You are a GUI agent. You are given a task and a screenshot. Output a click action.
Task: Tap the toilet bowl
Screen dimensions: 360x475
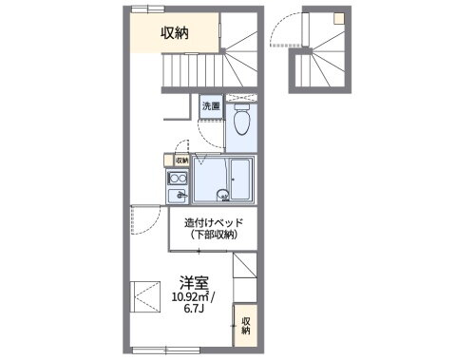(241, 122)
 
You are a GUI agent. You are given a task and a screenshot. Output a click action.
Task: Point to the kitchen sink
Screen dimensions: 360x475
(177, 197)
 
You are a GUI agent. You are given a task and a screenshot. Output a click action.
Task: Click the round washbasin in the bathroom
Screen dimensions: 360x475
(222, 196)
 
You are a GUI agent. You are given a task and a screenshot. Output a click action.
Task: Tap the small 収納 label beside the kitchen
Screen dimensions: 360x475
(182, 161)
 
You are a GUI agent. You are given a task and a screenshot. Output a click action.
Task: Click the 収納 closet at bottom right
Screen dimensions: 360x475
(245, 326)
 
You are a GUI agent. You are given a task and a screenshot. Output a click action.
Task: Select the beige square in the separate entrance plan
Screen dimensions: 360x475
(338, 16)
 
